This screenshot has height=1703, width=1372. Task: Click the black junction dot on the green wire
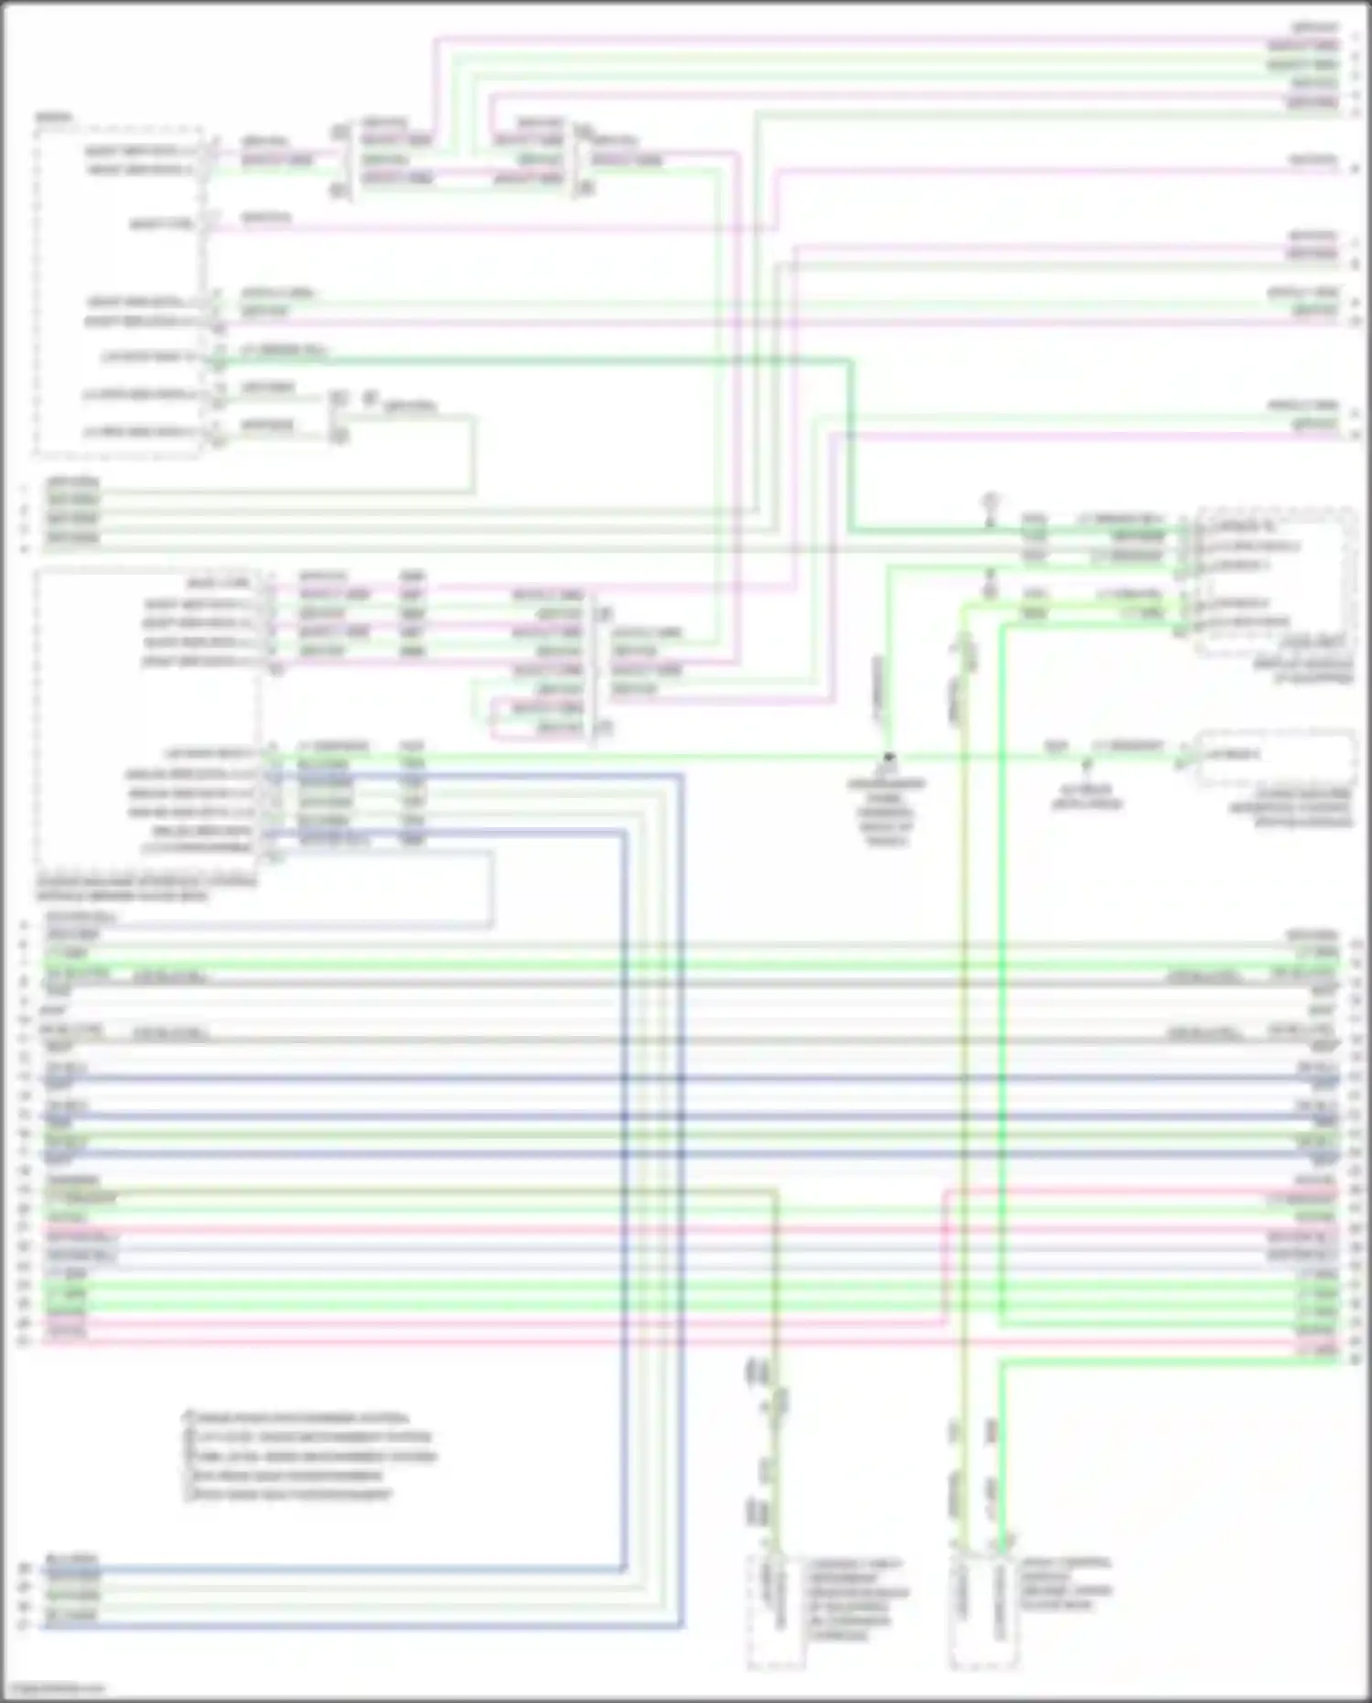pyautogui.click(x=887, y=758)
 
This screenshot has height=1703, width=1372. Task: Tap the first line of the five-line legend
pyautogui.click(x=297, y=1417)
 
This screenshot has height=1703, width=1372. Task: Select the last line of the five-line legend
pyautogui.click(x=291, y=1494)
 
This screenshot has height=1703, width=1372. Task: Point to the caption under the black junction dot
pyautogui.click(x=885, y=812)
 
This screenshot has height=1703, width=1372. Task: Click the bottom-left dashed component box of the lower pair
pyautogui.click(x=776, y=1611)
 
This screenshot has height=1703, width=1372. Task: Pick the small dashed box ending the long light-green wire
pyautogui.click(x=1276, y=757)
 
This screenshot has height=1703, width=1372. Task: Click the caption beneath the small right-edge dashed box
pyautogui.click(x=1290, y=807)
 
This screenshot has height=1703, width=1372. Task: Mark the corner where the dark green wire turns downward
pyautogui.click(x=851, y=361)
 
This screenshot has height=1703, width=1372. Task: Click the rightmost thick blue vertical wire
pyautogui.click(x=681, y=1190)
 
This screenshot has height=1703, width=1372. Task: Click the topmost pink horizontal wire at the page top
pyautogui.click(x=823, y=39)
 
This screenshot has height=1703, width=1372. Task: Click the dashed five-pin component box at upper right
pyautogui.click(x=1276, y=581)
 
